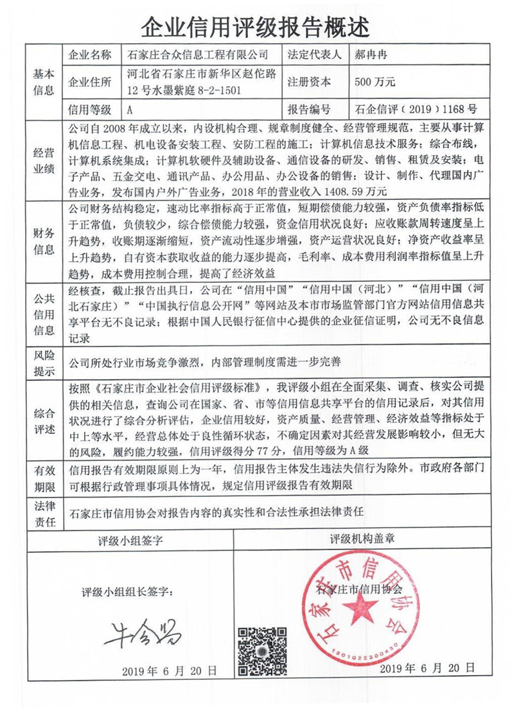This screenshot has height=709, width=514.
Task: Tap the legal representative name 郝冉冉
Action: tap(372, 54)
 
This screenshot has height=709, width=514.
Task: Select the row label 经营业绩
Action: tap(43, 159)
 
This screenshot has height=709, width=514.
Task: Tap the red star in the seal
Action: tap(364, 606)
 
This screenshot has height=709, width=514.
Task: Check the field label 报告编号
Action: tap(310, 109)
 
